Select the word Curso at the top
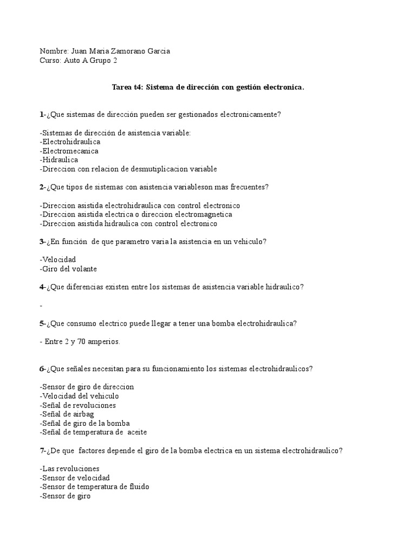tap(50, 61)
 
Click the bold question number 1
tap(42, 114)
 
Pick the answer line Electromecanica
tap(70, 151)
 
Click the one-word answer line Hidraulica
tap(60, 160)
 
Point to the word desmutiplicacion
tap(157, 169)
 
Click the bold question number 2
tap(42, 187)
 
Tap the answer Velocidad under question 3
tap(58, 260)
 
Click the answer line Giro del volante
tap(68, 269)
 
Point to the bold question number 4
tap(42, 287)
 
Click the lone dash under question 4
tap(41, 306)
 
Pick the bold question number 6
tap(42, 369)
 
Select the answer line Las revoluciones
tap(70, 469)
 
